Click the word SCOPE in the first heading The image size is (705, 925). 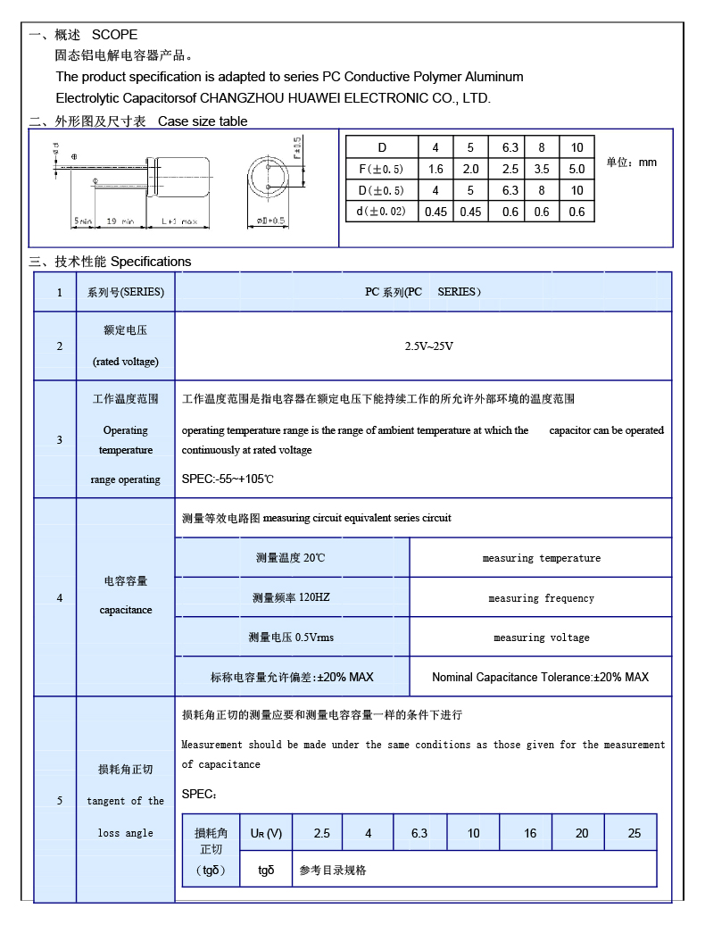115,35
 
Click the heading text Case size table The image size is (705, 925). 203,121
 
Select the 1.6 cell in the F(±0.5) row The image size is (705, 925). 436,169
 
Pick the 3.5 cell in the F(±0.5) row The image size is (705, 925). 542,169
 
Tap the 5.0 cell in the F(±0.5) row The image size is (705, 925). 576,169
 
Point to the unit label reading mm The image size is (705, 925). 647,162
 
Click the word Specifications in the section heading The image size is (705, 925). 151,262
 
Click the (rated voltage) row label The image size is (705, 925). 126,362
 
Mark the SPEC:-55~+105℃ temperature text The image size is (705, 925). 228,479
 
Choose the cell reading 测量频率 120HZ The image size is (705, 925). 291,597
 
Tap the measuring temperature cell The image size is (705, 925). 541,558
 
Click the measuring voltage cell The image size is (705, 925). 541,637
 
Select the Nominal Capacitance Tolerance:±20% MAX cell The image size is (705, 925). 540,677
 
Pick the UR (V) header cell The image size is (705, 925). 266,833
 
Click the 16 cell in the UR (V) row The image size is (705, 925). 530,833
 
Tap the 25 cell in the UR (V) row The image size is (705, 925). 634,833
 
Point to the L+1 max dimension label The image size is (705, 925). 178,221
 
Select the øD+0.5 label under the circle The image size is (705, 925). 270,221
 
